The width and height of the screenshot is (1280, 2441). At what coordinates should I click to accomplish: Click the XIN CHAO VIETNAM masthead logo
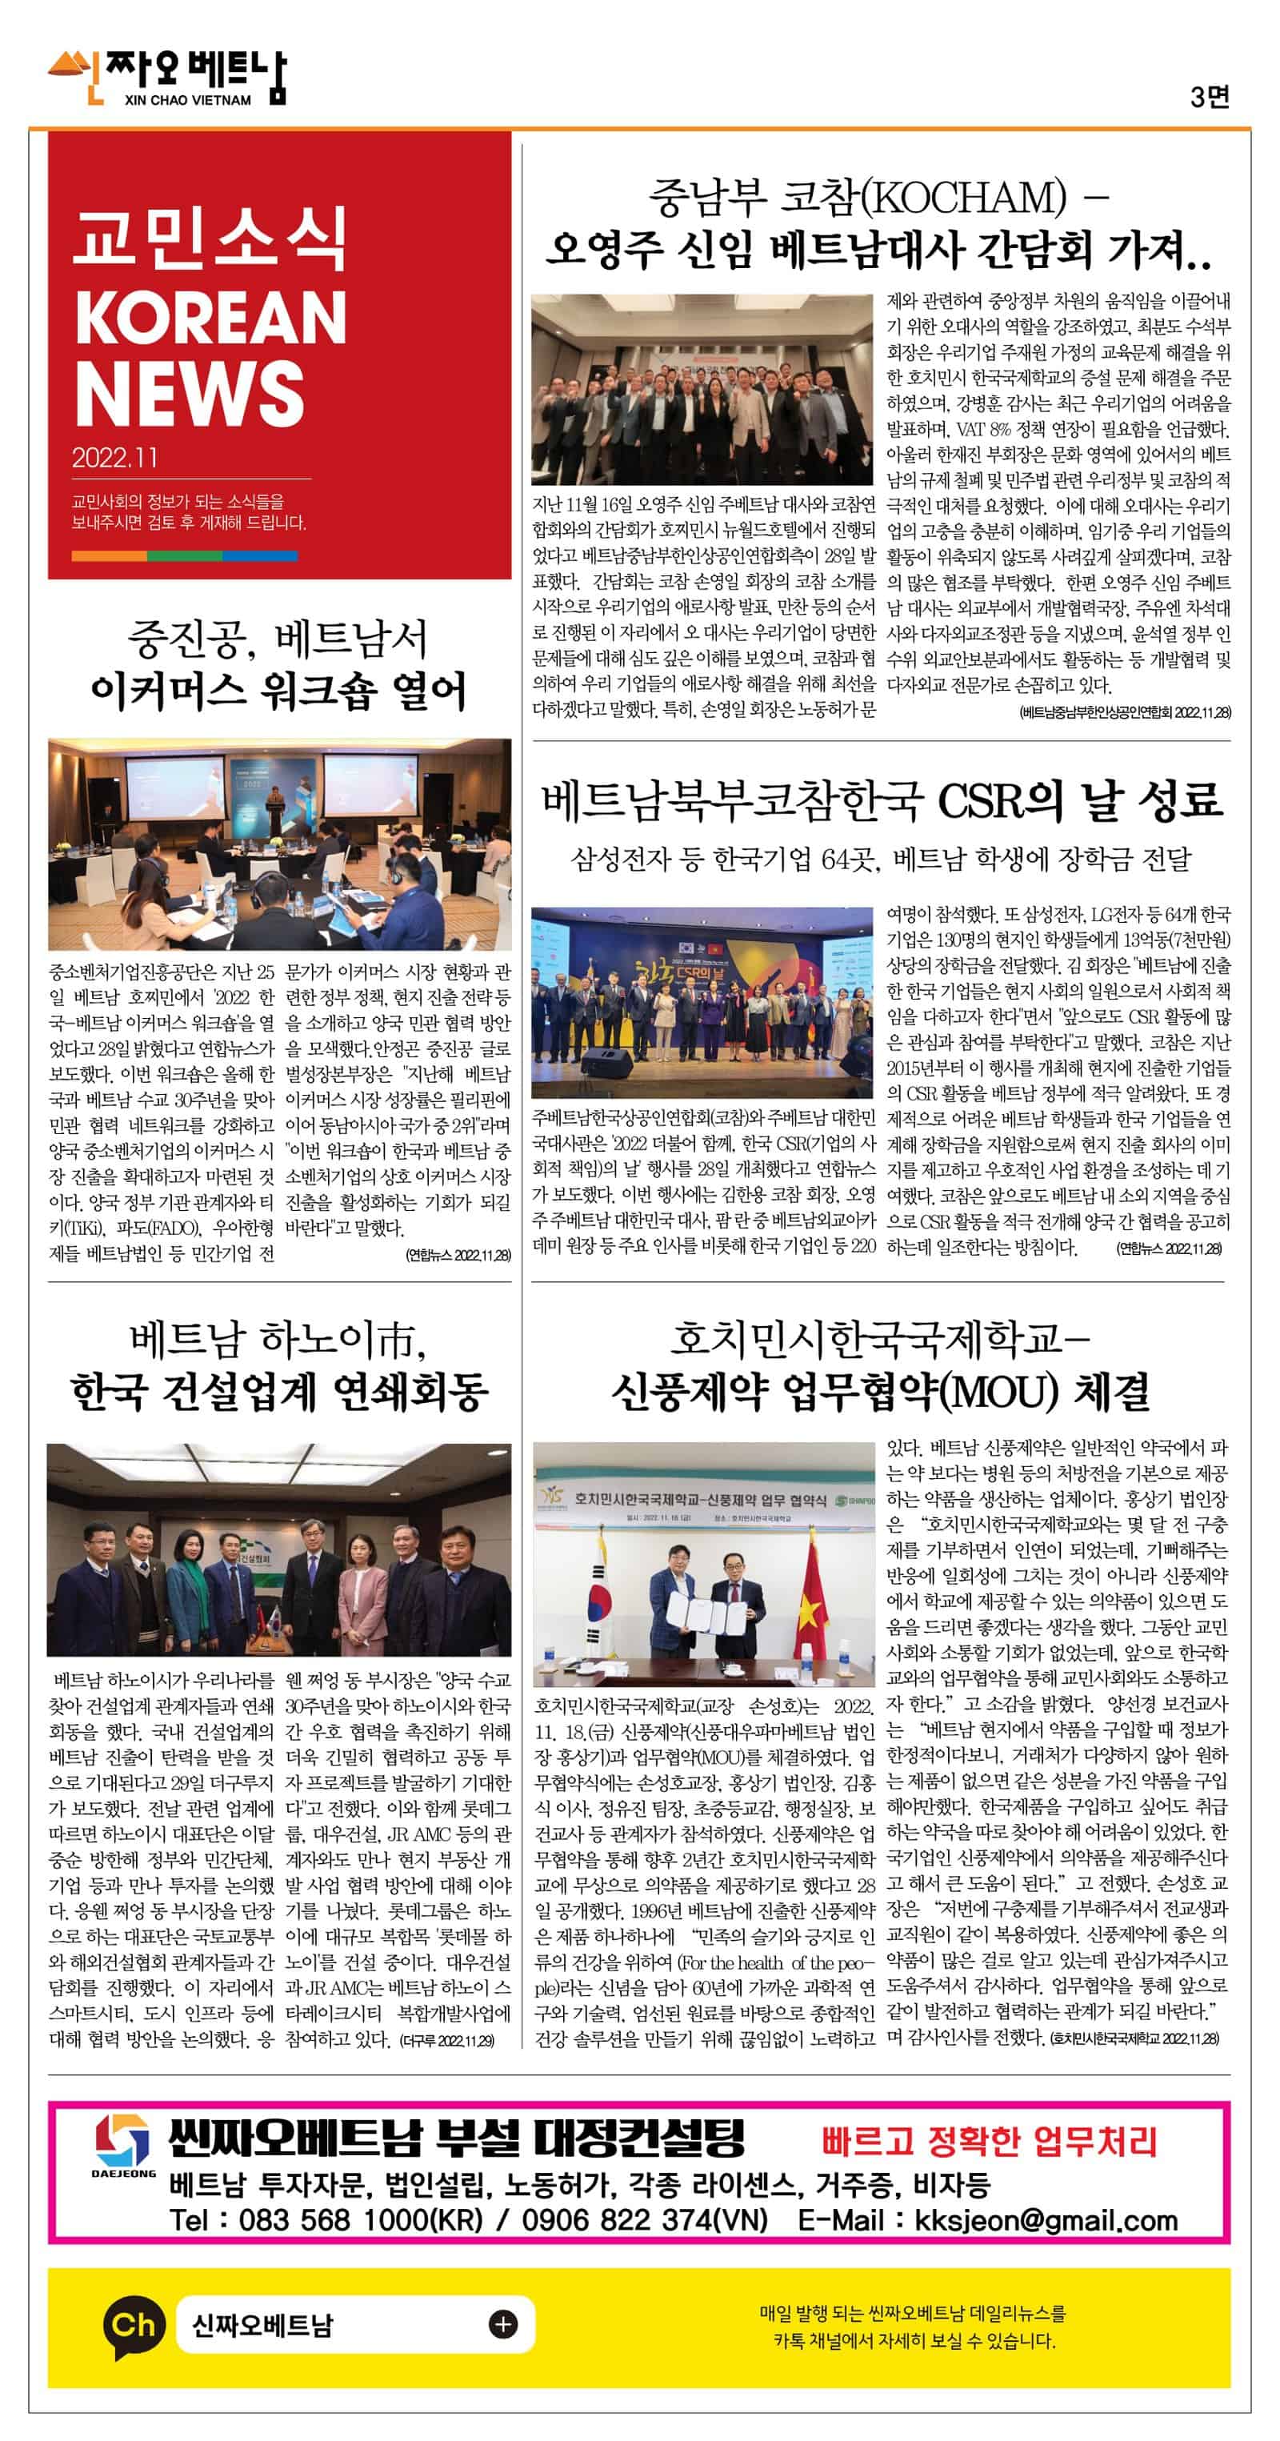(x=168, y=78)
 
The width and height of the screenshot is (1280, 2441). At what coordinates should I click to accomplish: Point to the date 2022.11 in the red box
(x=114, y=458)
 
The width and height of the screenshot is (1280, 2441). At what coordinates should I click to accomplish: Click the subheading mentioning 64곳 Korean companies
(x=880, y=860)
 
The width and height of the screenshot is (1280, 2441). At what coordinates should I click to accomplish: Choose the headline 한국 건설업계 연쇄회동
(x=279, y=1391)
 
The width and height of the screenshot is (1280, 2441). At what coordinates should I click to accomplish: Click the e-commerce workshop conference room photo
(x=279, y=844)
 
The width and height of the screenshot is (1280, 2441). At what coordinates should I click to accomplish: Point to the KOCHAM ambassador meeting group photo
(x=702, y=388)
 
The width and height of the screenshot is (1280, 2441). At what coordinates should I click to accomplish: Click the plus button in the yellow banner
(x=503, y=2324)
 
